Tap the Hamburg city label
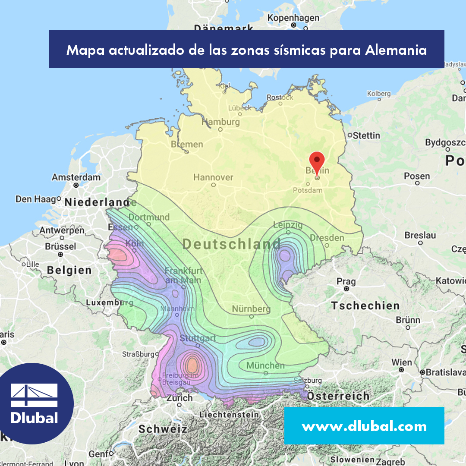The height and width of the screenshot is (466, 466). (220, 122)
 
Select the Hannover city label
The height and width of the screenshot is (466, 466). (213, 177)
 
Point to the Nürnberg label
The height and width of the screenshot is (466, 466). (251, 309)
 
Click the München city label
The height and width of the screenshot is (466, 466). (265, 365)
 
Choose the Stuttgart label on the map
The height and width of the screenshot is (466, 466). (198, 338)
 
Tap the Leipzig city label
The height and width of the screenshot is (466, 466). (288, 225)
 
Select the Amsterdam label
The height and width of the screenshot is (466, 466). (76, 177)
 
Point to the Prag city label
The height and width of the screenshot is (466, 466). (346, 282)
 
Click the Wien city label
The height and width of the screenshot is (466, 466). (402, 362)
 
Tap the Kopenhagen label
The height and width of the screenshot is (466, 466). (293, 18)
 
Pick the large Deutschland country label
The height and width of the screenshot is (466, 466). (231, 244)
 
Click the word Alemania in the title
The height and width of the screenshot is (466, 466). (396, 50)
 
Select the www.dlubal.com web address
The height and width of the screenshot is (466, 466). (364, 426)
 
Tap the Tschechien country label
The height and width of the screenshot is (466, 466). (365, 306)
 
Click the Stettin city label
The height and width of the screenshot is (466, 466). (366, 135)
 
